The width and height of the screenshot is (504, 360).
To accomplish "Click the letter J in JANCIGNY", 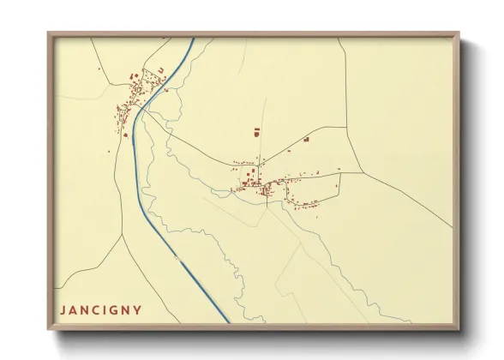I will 63,309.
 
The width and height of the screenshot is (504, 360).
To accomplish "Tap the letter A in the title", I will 74,309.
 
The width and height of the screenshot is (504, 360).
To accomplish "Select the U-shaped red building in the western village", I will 160,69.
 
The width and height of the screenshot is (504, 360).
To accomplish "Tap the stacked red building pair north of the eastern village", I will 256,132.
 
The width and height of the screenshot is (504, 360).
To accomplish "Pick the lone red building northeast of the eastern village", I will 306,139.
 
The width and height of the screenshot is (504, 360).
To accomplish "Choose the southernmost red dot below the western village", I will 126,135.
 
